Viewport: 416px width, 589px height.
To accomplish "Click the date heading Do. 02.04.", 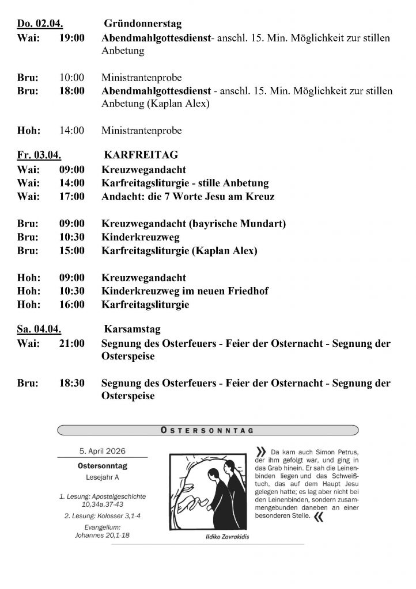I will [x=40, y=24].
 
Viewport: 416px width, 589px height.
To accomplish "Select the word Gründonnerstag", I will [x=142, y=24].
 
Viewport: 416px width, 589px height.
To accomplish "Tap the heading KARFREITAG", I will [x=141, y=155].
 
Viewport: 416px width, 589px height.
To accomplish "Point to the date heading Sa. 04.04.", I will [x=39, y=330].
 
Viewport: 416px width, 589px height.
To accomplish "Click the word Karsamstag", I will [x=133, y=330].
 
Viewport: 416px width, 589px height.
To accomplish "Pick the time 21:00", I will [x=71, y=343].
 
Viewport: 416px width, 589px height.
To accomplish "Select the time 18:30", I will [x=71, y=383].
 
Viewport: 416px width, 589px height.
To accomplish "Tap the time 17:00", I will [x=71, y=197].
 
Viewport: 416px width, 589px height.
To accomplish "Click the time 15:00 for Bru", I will [x=71, y=251].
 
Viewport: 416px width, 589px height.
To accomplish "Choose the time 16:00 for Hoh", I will [x=71, y=304].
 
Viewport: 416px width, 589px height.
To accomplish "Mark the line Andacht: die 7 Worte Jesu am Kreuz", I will [x=188, y=197].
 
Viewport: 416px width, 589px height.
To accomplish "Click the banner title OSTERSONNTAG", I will [x=208, y=430].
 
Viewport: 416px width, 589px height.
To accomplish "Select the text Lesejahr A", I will [x=102, y=477].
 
